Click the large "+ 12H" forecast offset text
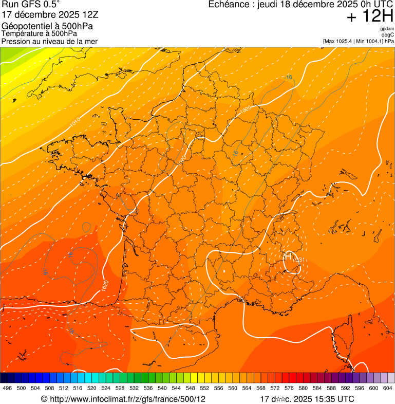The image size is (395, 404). tap(369, 16)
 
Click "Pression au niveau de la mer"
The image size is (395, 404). tap(49, 41)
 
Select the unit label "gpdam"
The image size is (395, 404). tap(387, 29)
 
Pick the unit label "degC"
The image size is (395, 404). tap(388, 34)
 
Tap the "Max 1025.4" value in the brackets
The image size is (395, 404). tap(340, 41)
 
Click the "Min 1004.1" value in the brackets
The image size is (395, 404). tap(369, 41)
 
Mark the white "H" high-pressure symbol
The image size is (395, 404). tap(288, 255)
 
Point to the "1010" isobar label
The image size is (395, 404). tap(76, 122)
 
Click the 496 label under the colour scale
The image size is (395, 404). tap(7, 388)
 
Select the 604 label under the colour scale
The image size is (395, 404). tap(388, 388)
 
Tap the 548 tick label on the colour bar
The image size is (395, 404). tap(191, 388)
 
